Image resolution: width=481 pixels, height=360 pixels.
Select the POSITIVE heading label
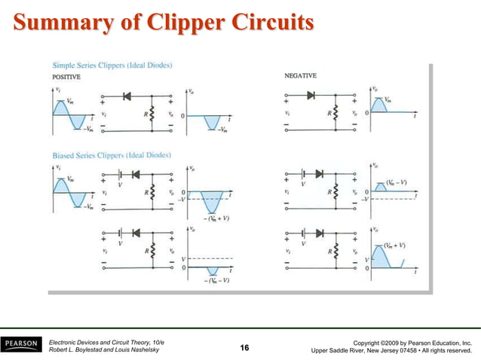67,77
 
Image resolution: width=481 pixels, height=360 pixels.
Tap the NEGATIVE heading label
300,75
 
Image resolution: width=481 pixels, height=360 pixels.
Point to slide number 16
244,347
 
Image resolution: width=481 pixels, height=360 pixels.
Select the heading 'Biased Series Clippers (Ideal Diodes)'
110,155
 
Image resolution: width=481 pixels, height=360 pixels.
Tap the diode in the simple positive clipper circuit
125,96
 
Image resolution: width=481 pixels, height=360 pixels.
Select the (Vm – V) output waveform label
397,182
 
